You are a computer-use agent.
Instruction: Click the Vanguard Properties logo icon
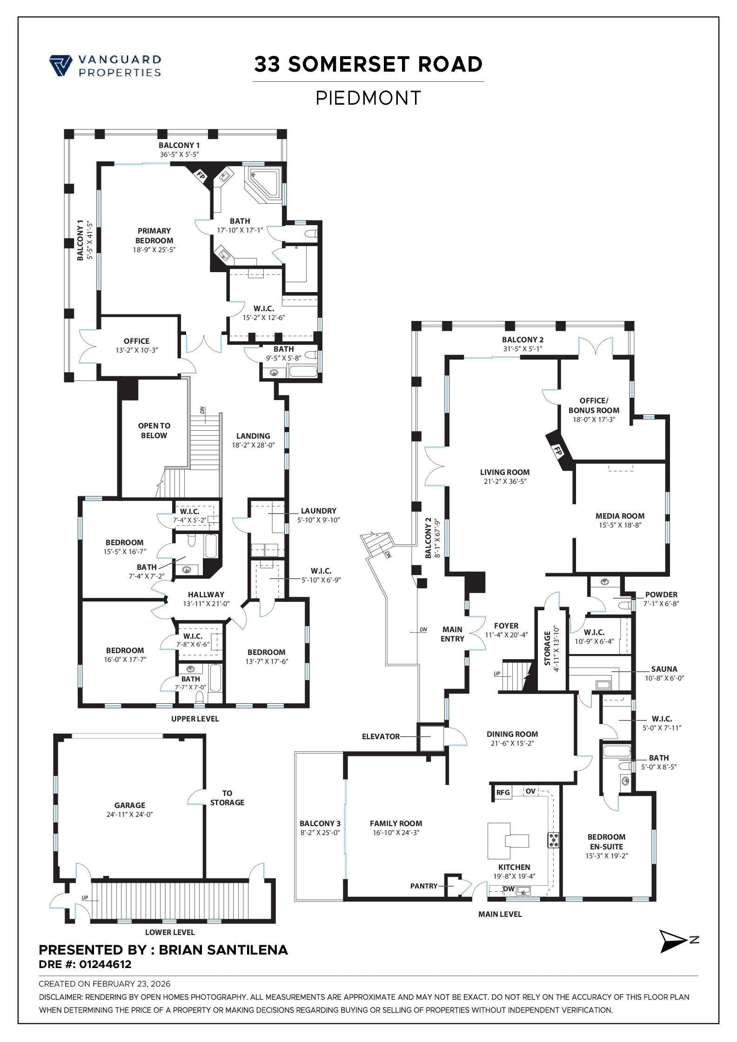[x=60, y=65]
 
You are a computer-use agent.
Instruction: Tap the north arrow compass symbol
[x=673, y=941]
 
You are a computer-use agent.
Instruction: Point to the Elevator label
[x=381, y=736]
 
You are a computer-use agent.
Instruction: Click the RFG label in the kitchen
[x=503, y=793]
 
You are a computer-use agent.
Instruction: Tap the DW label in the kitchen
[x=509, y=889]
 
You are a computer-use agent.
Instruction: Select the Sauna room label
[x=664, y=669]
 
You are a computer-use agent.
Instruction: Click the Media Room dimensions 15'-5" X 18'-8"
[x=620, y=525]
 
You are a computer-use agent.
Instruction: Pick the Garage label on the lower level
[x=130, y=805]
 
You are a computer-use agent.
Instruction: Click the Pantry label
[x=423, y=886]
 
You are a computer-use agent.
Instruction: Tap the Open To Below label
[x=154, y=430]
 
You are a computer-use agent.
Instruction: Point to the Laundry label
[x=318, y=511]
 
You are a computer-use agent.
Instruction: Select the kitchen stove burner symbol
[x=554, y=840]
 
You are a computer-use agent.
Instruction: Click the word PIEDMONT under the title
[x=368, y=98]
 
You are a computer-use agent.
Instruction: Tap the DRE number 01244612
[x=105, y=964]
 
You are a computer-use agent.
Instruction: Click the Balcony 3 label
[x=320, y=823]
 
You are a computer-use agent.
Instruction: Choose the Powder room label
[x=661, y=594]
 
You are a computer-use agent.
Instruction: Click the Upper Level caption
[x=194, y=719]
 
